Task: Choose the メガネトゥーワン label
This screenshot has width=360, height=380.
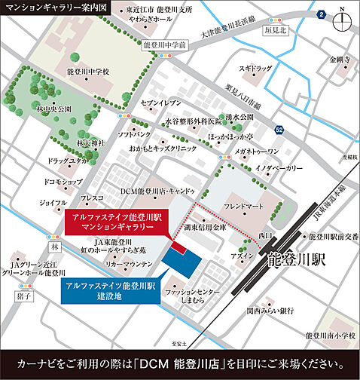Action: (264, 152)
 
